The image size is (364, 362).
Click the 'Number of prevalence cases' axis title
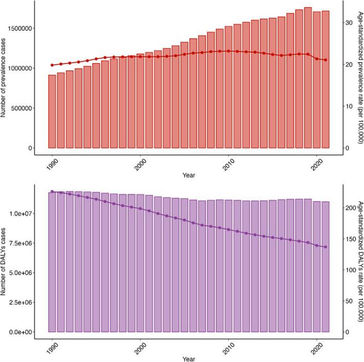click(5, 75)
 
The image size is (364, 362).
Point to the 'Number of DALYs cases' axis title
click(5, 259)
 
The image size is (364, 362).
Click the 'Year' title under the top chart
click(188, 175)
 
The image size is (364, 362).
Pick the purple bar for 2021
click(325, 266)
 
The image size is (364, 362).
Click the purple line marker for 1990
click(52, 192)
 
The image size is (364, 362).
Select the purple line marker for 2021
click(325, 247)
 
